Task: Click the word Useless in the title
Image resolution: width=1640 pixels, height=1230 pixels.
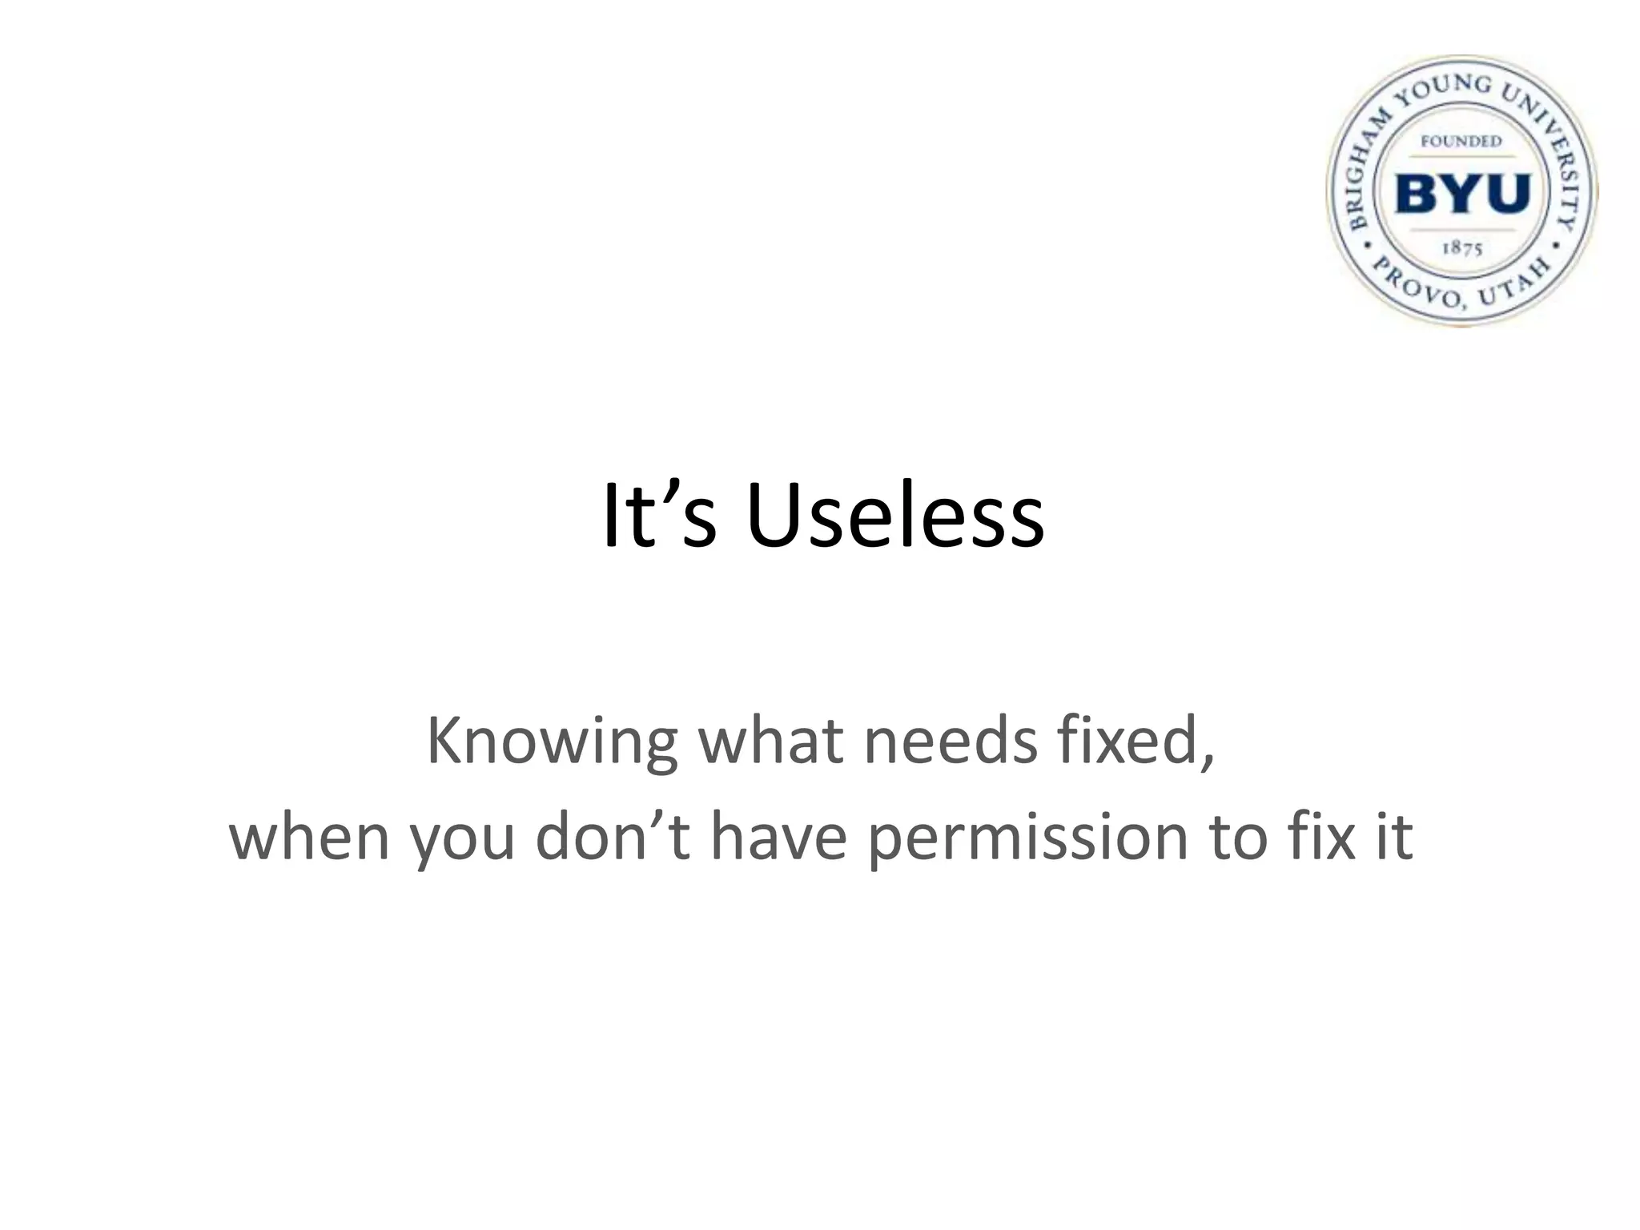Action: click(x=894, y=517)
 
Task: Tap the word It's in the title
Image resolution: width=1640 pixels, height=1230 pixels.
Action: click(x=658, y=517)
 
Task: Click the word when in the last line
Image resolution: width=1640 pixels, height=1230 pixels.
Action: click(x=309, y=837)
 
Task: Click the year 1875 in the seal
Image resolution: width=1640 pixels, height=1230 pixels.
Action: click(x=1462, y=248)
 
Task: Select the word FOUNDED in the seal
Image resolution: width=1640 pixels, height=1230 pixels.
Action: click(x=1461, y=141)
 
